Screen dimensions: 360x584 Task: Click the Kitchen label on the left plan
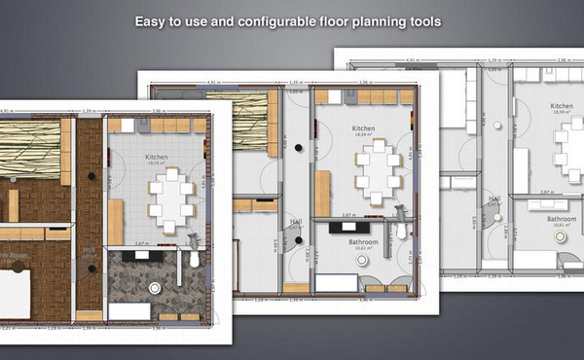(x=158, y=156)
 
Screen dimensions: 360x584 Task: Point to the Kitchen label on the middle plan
(x=363, y=127)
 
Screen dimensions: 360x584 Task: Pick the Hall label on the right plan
(x=494, y=198)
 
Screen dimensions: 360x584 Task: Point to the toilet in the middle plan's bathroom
(x=400, y=231)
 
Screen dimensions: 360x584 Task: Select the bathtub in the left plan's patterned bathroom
(x=127, y=311)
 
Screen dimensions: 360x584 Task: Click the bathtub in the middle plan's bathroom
(x=336, y=283)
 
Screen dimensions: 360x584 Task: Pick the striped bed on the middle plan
(x=237, y=122)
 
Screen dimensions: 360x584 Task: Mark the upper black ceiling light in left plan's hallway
(x=90, y=176)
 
